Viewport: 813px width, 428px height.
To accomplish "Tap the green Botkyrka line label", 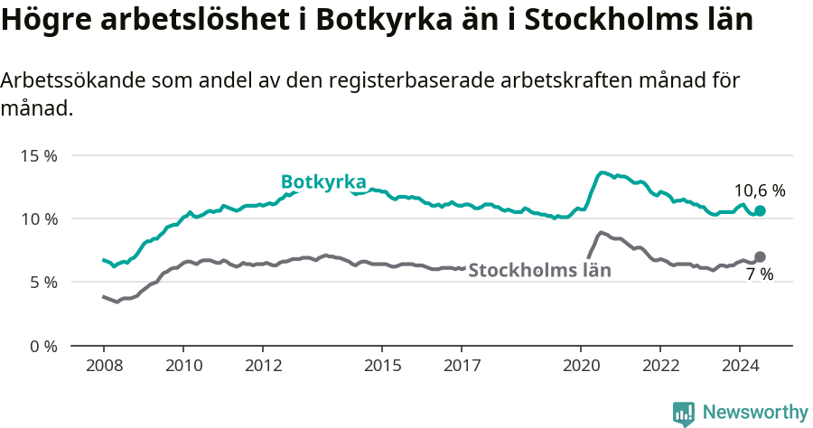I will (x=322, y=181).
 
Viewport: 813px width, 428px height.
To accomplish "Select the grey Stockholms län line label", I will (x=539, y=269).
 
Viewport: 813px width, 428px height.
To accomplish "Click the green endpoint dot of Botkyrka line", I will (x=760, y=210).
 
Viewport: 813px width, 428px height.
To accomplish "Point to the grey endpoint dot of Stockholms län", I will (x=760, y=256).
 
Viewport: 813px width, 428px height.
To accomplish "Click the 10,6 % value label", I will (x=759, y=191).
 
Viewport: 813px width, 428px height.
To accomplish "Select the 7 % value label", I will (x=759, y=274).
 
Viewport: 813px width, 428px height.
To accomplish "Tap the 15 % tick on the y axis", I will (x=39, y=155).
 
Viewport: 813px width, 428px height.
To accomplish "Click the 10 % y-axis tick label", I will (x=39, y=219).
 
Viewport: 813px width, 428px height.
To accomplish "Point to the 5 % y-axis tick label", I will (x=43, y=282).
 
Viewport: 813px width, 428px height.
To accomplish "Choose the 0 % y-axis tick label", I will (x=43, y=346).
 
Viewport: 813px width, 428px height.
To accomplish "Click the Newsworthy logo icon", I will (x=683, y=414).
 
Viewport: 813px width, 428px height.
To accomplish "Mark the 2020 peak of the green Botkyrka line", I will (x=603, y=172).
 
